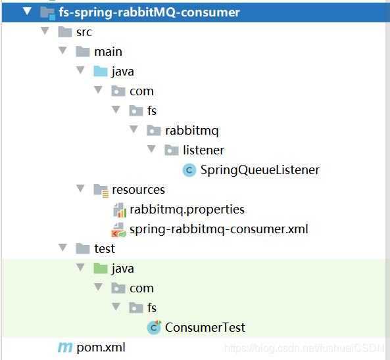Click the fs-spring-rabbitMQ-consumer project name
tap(149, 12)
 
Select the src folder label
tap(84, 32)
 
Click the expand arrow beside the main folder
tap(62, 51)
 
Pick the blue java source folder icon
tap(101, 72)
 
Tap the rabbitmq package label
tap(192, 131)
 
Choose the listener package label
tap(203, 150)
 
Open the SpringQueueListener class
tap(260, 170)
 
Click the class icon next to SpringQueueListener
tap(189, 170)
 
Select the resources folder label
tap(138, 190)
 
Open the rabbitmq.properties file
tap(187, 210)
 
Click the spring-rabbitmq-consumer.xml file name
tap(219, 229)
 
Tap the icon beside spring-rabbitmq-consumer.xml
tap(118, 229)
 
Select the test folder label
tap(105, 249)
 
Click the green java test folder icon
tap(101, 268)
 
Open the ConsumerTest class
tap(205, 327)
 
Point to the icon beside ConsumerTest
tap(154, 327)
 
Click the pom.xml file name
tap(101, 348)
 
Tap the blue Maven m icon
tap(65, 348)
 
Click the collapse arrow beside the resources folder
tap(80, 189)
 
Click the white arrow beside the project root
tap(27, 11)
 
